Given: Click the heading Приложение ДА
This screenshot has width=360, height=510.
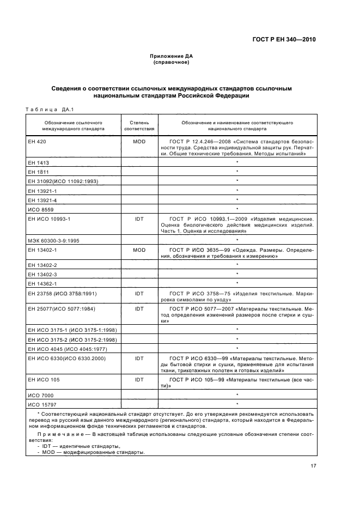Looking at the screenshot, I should point(172,57).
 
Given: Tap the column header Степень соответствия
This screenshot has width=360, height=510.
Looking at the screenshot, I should point(139,126).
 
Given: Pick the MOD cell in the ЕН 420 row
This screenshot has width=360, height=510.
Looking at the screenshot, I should point(139,142).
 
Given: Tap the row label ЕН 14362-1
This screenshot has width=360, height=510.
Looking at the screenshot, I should point(42,283).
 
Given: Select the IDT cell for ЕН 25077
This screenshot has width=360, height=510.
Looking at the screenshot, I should point(139,308).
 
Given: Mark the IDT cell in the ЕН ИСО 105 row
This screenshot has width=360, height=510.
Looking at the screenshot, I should point(139,379).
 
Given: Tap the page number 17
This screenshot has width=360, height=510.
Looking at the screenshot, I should point(313,466).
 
